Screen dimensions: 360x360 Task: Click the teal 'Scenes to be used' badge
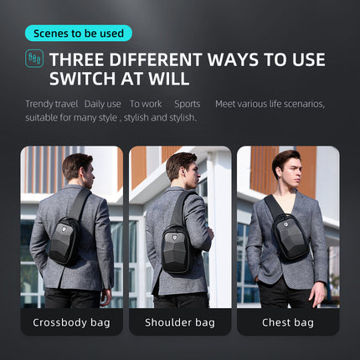tap(79, 33)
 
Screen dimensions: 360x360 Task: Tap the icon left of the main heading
tap(34, 59)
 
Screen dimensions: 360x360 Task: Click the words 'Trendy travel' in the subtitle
tap(52, 104)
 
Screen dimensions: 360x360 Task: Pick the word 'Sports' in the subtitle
tap(188, 104)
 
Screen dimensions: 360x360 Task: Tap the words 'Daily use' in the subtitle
tap(103, 104)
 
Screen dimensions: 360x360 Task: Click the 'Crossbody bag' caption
tap(72, 322)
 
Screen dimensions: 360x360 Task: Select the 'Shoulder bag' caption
tap(180, 322)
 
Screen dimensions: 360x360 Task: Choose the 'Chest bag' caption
tap(288, 322)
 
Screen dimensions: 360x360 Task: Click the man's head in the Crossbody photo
tap(77, 167)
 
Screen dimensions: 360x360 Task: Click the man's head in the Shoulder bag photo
tap(181, 167)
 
